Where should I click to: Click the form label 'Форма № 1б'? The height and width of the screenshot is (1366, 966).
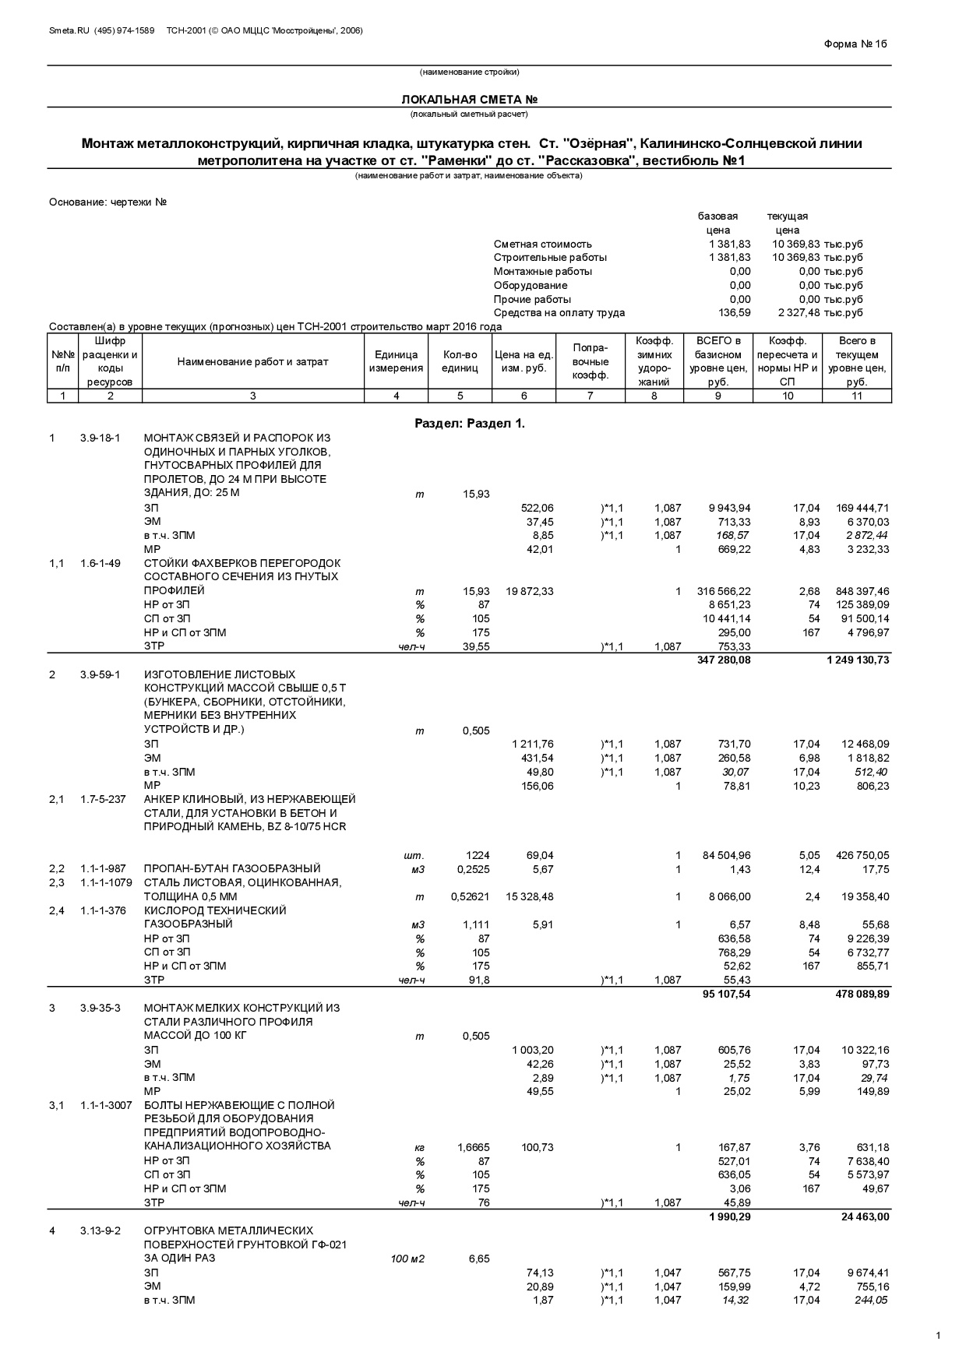[x=855, y=44]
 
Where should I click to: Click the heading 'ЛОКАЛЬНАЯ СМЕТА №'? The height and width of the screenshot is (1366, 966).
[x=469, y=100]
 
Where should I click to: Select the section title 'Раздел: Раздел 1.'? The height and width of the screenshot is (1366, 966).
[x=469, y=424]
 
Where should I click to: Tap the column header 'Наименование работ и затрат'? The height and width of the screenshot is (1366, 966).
[x=252, y=361]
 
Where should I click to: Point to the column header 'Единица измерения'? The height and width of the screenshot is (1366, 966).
[x=396, y=361]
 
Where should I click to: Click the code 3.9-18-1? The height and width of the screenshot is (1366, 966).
[x=100, y=438]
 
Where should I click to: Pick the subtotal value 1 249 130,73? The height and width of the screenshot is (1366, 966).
[x=858, y=660]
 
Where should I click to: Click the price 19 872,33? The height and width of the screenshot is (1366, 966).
[x=529, y=591]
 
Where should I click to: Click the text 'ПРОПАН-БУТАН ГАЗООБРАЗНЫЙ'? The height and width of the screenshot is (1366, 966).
[x=232, y=869]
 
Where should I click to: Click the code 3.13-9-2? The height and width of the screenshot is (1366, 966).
[x=100, y=1231]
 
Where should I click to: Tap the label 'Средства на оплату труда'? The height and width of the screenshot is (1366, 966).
[x=559, y=313]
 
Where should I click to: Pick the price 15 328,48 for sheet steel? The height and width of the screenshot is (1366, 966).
[x=529, y=897]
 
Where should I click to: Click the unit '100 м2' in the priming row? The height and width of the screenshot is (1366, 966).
[x=407, y=1259]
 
